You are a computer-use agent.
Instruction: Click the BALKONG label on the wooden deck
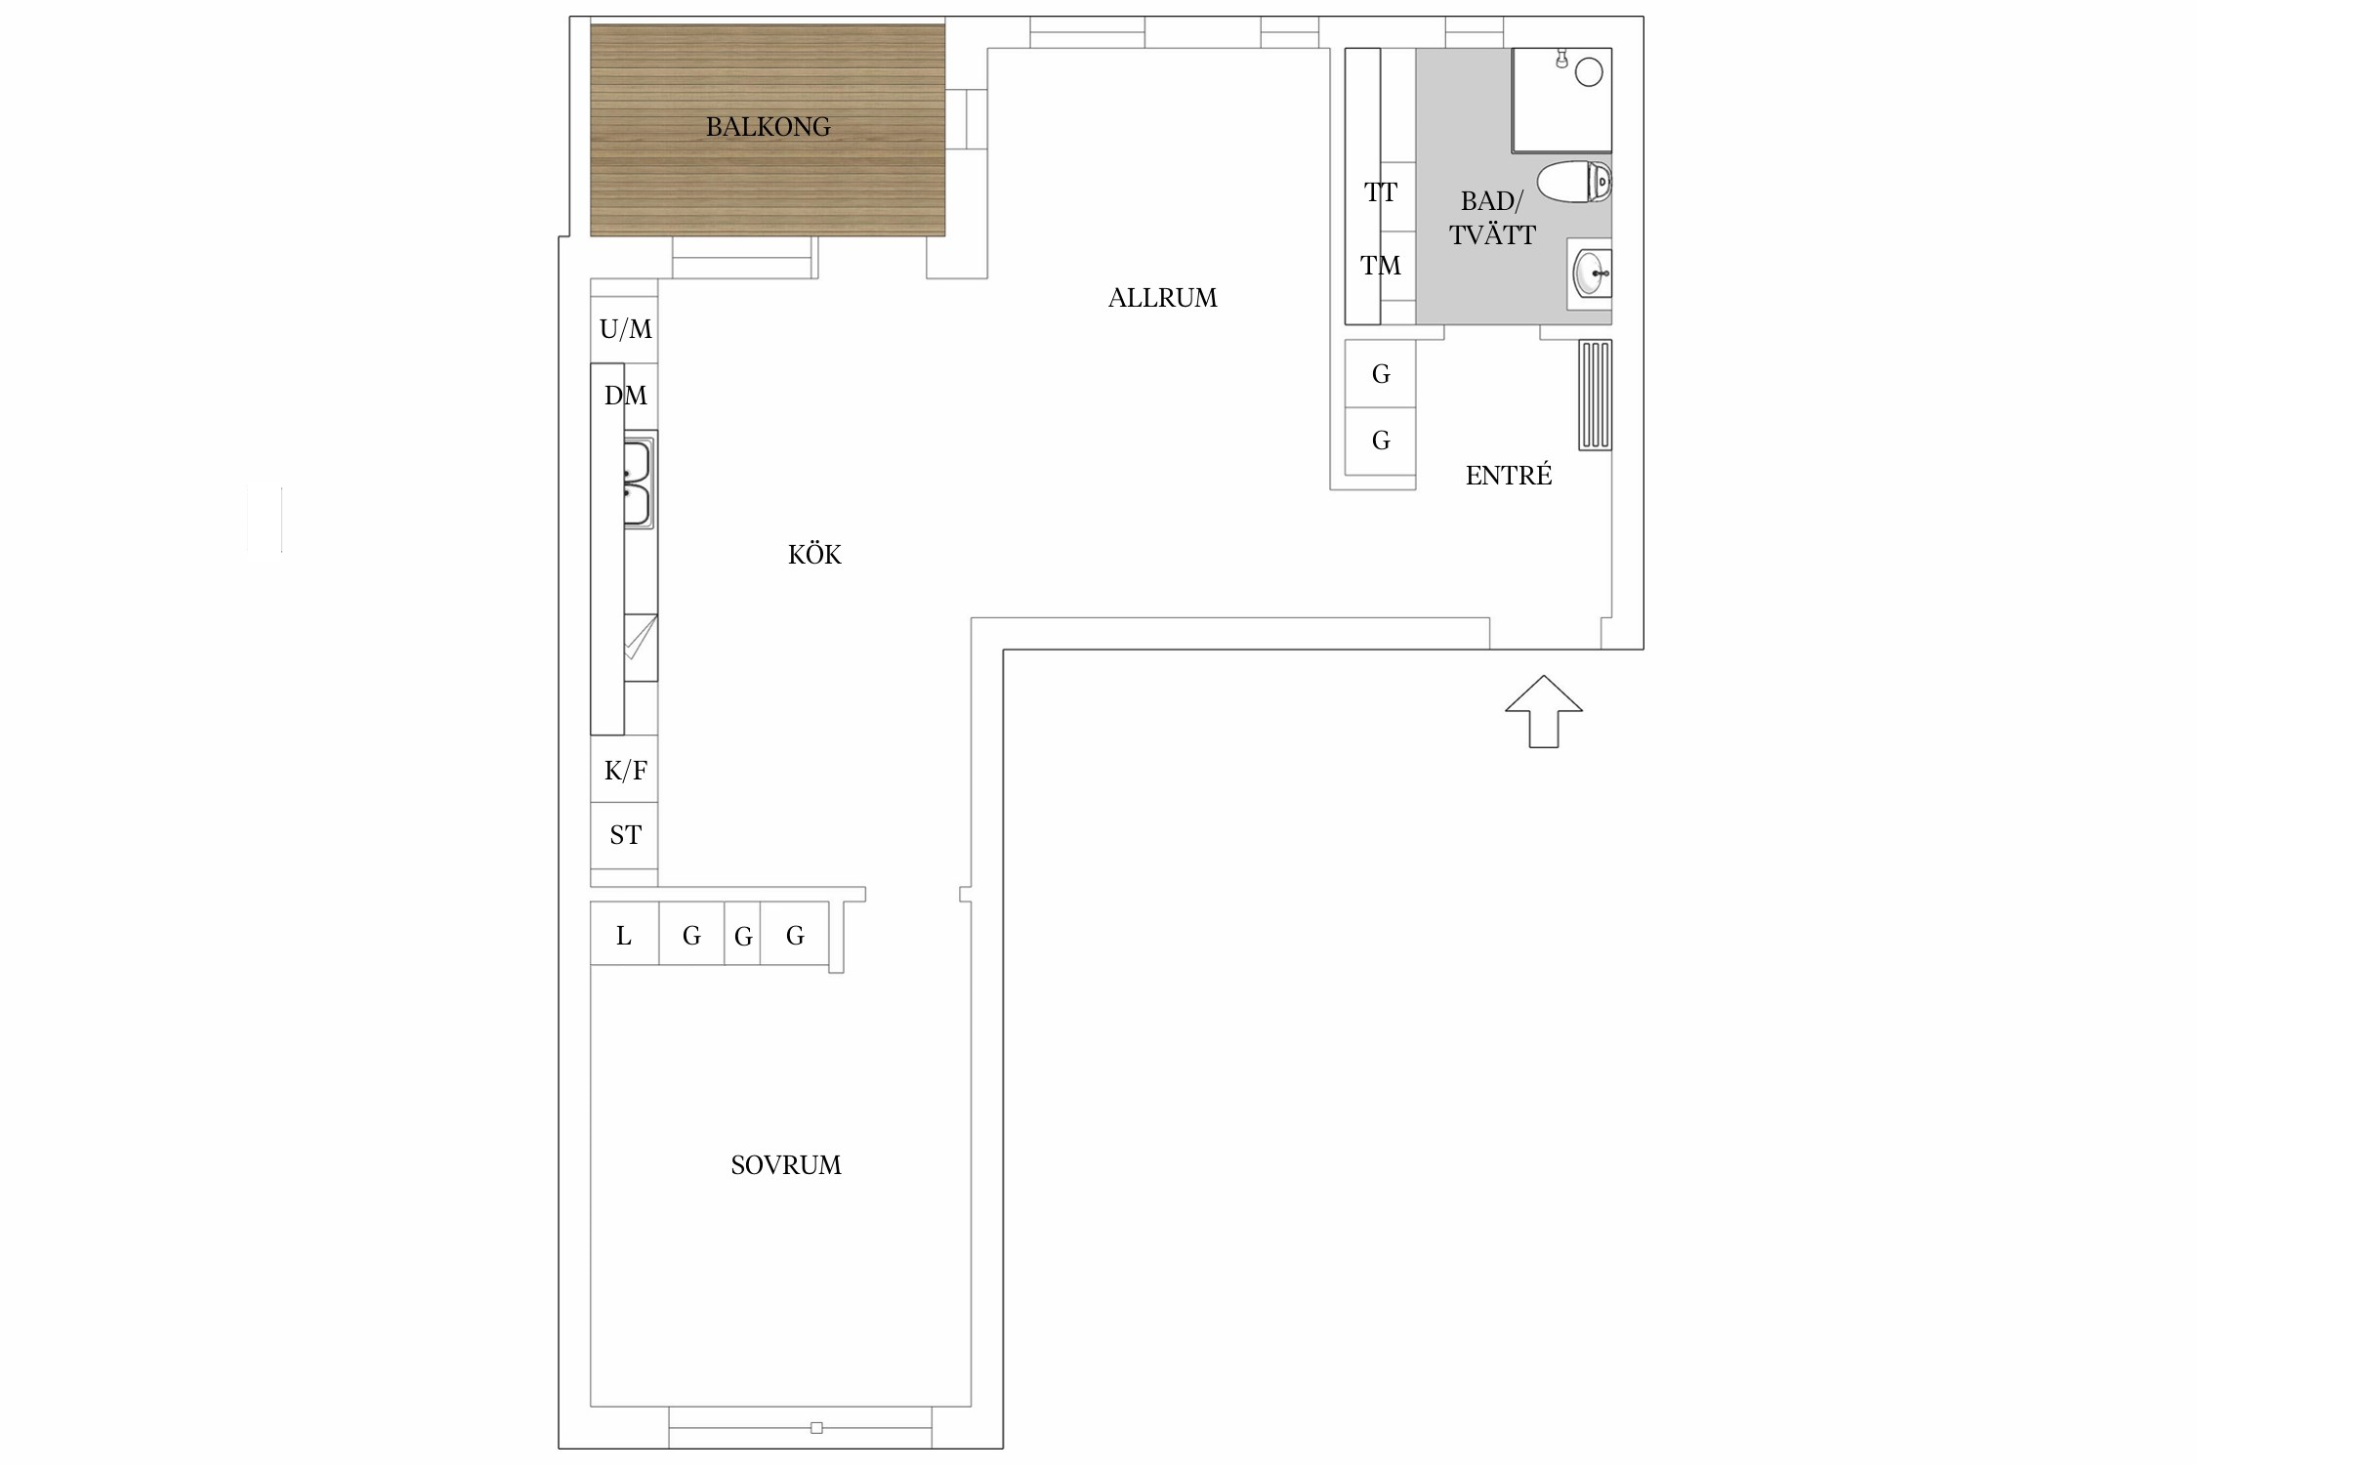click(768, 127)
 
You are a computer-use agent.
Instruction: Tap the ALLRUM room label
click(1162, 298)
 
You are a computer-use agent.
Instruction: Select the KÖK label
click(814, 554)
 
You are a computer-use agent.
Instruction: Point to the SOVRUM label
click(786, 1165)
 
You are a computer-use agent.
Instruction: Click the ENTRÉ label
click(1509, 475)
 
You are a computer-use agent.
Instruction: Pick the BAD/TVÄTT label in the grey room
click(1492, 218)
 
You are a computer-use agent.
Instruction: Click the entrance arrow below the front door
click(1543, 711)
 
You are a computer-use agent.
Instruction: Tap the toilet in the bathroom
click(1574, 183)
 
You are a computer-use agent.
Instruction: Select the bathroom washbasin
click(1591, 273)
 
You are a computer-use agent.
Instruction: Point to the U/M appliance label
click(626, 330)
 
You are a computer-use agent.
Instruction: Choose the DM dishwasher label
click(626, 396)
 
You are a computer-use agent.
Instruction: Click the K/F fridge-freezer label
click(626, 771)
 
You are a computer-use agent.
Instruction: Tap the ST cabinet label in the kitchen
click(626, 835)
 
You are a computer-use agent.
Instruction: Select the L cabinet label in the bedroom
click(624, 936)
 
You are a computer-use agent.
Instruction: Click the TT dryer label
click(1381, 192)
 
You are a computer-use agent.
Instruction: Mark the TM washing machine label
click(1381, 265)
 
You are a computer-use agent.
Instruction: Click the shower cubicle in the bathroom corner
click(1561, 101)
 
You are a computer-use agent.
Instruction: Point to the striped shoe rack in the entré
click(1595, 395)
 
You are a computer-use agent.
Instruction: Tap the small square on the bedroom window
click(816, 1428)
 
